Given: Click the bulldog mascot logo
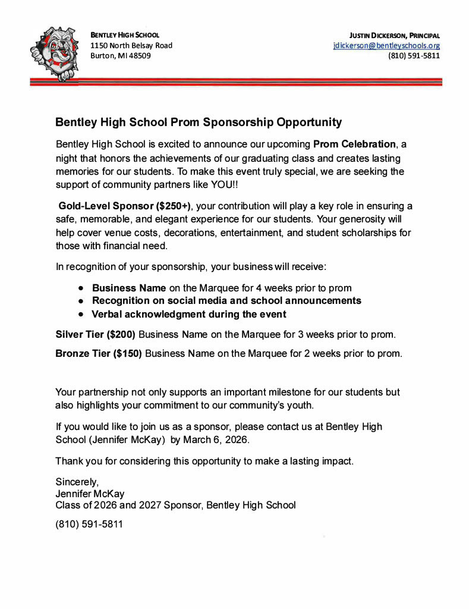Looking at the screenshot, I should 54,53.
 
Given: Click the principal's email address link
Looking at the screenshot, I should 386,46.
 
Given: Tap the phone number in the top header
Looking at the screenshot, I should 414,56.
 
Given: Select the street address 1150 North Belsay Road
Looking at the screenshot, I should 131,46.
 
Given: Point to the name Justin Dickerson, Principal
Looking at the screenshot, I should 395,35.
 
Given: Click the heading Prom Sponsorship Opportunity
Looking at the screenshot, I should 198,123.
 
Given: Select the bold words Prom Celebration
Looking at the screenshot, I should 354,145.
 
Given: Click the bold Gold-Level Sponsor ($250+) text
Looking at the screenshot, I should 124,206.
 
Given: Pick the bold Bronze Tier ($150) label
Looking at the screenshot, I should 98,353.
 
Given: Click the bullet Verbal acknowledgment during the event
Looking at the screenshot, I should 188,314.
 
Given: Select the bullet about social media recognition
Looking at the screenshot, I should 226,300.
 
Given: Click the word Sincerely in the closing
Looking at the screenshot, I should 77,481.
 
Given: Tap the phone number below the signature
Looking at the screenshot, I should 89,525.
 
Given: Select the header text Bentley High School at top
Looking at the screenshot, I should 124,35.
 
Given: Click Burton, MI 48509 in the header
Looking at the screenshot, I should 120,56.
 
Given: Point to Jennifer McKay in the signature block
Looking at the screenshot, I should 90,494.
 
